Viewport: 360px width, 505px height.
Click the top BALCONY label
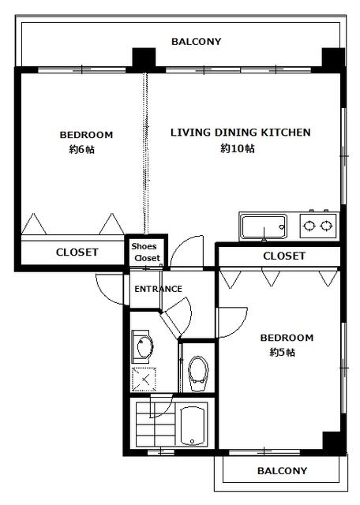click(196, 42)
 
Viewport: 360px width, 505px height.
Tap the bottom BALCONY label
click(282, 471)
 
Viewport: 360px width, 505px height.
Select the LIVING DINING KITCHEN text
click(241, 133)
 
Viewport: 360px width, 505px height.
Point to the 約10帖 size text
click(238, 148)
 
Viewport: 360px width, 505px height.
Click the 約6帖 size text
click(82, 149)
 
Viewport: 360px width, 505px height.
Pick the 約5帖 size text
click(283, 353)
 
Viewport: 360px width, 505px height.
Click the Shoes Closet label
click(146, 252)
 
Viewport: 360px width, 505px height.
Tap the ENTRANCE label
click(158, 289)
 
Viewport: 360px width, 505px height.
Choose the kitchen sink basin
click(264, 226)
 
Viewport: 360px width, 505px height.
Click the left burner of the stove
click(309, 226)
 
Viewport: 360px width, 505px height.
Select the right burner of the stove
click(326, 226)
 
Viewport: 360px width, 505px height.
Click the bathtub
click(193, 426)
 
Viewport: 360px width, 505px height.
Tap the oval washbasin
click(144, 347)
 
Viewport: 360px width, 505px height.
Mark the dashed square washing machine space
click(144, 379)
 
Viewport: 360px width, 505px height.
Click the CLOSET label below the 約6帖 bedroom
click(77, 252)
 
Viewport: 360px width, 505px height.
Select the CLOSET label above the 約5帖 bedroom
click(284, 256)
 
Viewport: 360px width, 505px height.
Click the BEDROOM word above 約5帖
click(287, 338)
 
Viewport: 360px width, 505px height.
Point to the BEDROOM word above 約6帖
click(86, 135)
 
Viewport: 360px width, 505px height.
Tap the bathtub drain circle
click(192, 441)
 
